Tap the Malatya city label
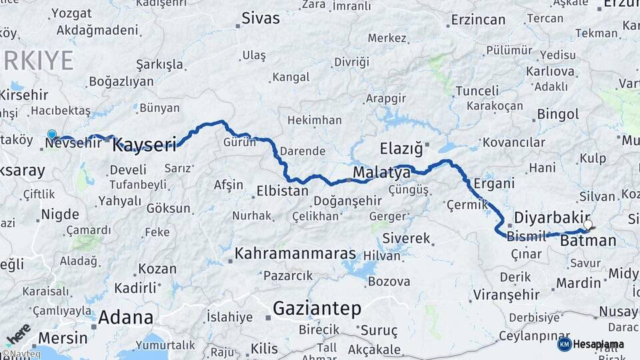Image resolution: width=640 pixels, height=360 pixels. point(381,173)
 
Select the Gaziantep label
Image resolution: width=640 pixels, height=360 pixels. point(317,309)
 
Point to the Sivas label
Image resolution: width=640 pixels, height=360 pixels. point(261,18)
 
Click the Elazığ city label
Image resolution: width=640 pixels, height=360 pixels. point(401,149)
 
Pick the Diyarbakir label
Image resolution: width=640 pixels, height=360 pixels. point(553,217)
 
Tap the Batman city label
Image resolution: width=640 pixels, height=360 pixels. point(588,240)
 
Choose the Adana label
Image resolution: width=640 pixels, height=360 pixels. point(125,317)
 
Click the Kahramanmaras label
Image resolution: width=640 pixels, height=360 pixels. point(295,255)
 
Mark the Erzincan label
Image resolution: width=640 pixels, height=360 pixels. point(478,19)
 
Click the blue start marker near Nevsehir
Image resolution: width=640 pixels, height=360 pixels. point(52,134)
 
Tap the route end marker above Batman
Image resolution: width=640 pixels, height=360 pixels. point(589,225)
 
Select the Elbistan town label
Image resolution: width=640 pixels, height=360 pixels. point(283,191)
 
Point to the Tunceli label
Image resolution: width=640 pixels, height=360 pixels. point(477,91)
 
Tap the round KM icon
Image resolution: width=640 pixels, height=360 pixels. point(564,344)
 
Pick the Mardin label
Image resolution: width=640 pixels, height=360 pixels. point(578,283)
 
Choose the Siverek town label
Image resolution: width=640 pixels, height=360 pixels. point(406,238)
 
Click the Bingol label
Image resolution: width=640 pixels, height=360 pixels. point(557,115)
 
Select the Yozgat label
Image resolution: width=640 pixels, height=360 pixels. point(71,13)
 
